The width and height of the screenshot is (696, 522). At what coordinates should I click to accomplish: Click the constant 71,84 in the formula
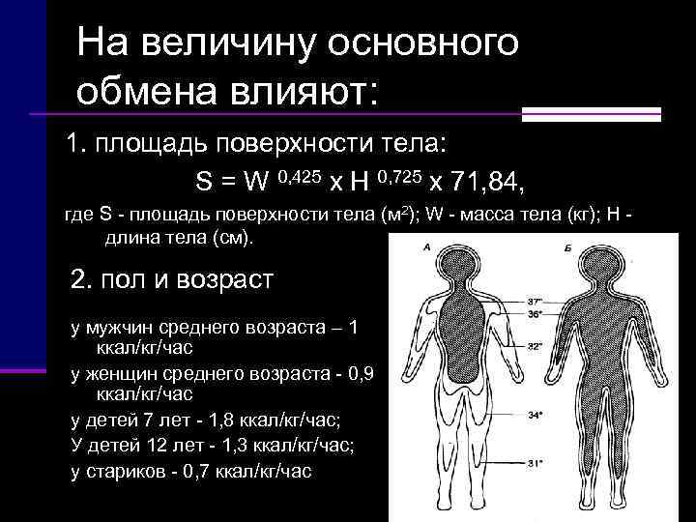[489, 181]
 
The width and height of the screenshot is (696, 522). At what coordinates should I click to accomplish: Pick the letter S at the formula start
[203, 182]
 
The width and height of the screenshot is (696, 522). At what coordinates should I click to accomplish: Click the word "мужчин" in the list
[116, 328]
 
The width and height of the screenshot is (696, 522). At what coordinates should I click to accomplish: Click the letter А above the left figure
[426, 247]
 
